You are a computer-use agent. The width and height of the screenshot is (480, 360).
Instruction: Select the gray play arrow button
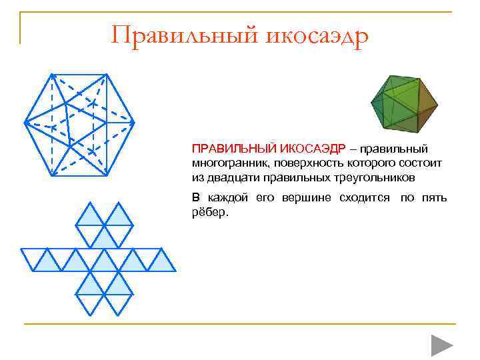[x=441, y=345]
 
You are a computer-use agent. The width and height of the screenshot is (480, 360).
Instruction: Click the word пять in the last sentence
[x=434, y=198]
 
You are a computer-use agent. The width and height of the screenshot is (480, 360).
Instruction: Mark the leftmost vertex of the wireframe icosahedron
[x=25, y=122]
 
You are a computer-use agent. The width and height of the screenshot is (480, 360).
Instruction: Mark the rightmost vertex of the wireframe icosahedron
[x=134, y=123]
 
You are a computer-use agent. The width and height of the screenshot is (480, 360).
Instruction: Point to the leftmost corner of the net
[x=21, y=249]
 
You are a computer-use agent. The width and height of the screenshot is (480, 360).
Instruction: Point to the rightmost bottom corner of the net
[x=176, y=271]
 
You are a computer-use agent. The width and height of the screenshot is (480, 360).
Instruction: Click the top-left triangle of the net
[x=89, y=215]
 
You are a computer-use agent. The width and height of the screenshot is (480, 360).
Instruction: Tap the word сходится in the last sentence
[x=364, y=198]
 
